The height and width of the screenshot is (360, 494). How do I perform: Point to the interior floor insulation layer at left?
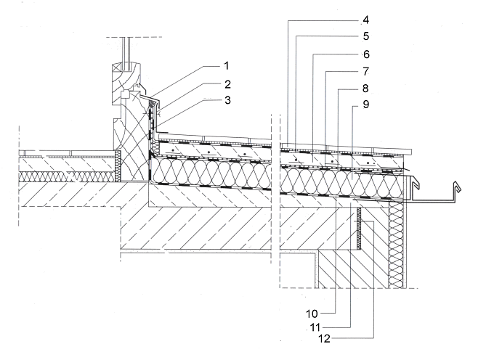point(65,176)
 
